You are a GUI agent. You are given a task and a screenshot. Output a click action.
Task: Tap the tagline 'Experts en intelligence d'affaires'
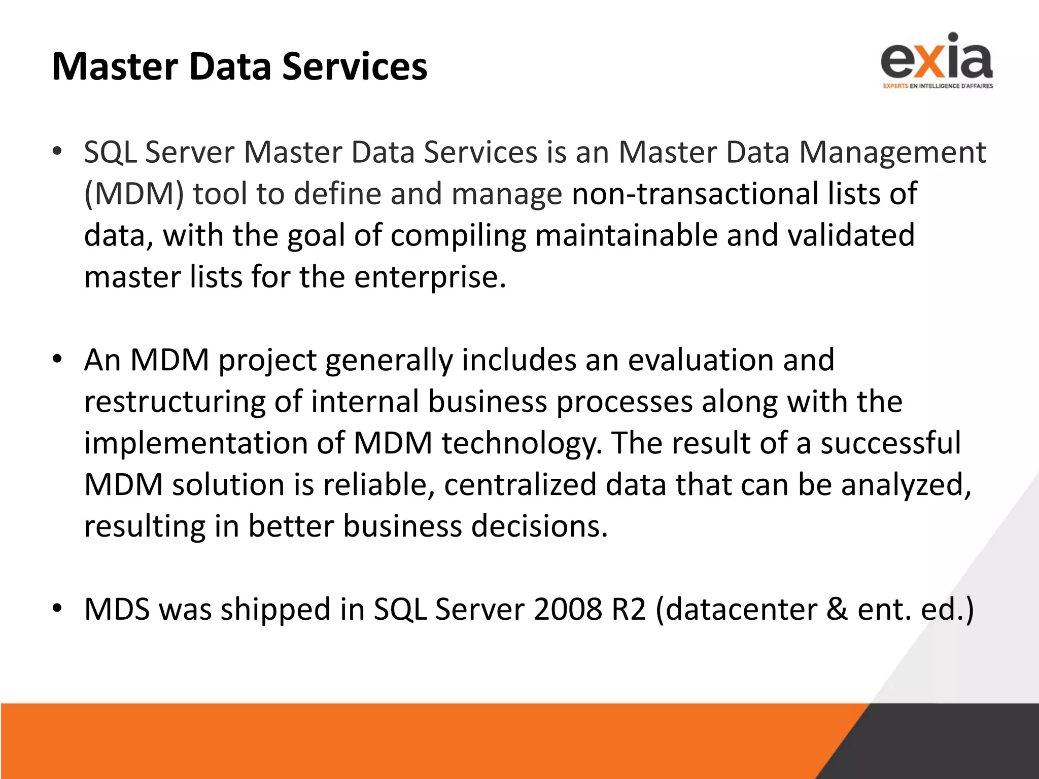point(938,86)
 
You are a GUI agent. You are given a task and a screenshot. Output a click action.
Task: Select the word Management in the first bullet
point(893,152)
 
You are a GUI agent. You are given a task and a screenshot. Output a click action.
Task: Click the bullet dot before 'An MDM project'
point(57,359)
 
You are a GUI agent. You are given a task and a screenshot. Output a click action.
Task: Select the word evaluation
point(701,360)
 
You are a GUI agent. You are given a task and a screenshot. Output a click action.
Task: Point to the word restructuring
point(175,402)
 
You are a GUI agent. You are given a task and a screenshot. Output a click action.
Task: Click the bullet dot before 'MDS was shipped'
point(57,608)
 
